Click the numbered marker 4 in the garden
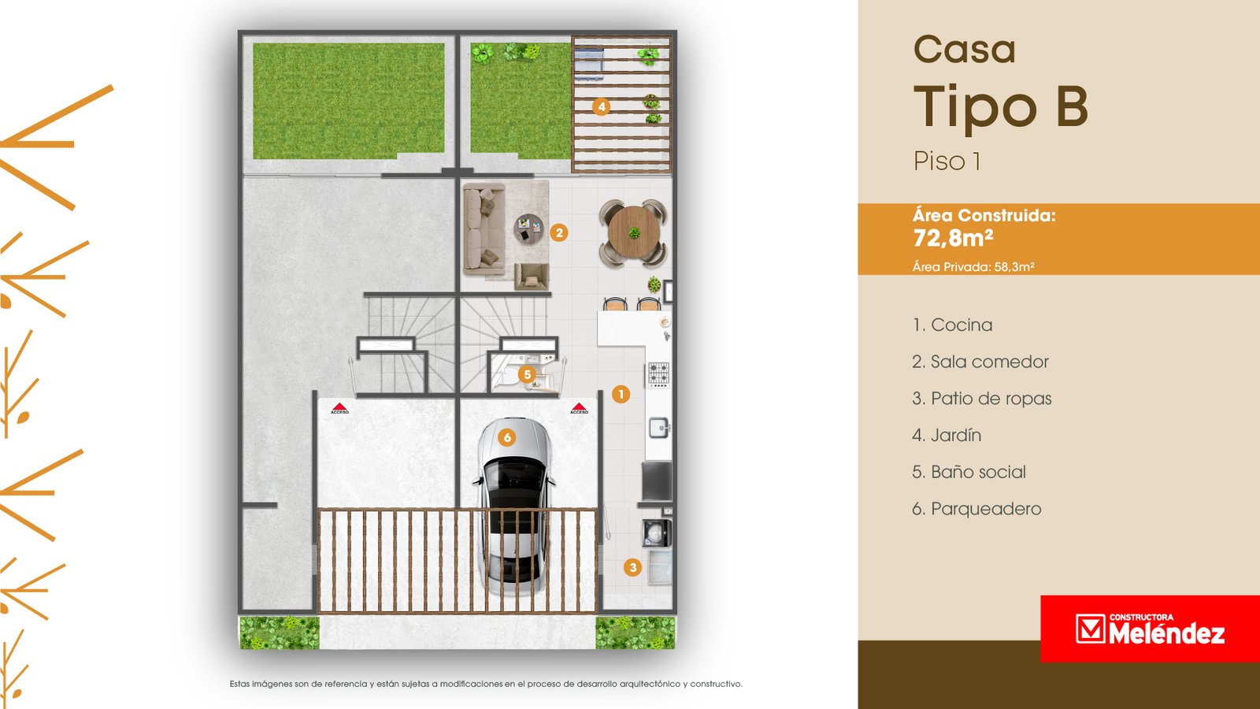[x=602, y=106]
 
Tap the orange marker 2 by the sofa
[x=558, y=232]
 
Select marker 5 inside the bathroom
[x=527, y=375]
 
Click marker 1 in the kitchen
[x=621, y=395]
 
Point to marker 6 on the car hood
[x=507, y=437]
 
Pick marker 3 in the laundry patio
[x=633, y=567]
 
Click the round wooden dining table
[x=634, y=232]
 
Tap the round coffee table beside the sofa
[x=528, y=229]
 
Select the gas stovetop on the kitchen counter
[x=658, y=375]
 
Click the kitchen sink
[x=659, y=428]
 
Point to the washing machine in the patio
[x=657, y=533]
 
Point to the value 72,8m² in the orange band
[x=953, y=238]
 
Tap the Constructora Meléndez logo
[x=1150, y=629]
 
